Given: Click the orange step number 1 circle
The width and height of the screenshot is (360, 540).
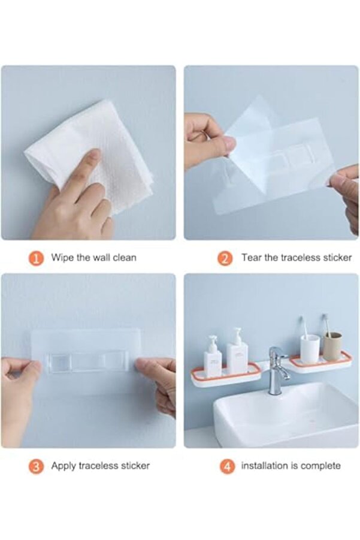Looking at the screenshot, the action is [36, 258].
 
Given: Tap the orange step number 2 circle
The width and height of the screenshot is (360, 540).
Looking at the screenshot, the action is [225, 258].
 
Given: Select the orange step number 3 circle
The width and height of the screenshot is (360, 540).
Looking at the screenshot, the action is [36, 467].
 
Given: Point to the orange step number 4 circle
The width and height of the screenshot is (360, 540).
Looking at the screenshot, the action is [227, 467].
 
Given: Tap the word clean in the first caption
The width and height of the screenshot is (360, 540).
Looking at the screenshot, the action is [124, 258].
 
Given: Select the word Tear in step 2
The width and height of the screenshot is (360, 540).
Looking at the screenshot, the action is [251, 258].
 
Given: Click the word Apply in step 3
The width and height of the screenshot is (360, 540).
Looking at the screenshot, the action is [64, 466].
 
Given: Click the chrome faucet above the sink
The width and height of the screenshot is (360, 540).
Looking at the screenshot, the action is [277, 370].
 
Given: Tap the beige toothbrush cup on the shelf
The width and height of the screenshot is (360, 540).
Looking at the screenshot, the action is [332, 346].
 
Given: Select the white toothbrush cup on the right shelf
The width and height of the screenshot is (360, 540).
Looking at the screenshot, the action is [310, 348].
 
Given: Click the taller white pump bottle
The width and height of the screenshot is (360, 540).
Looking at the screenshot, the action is [237, 352].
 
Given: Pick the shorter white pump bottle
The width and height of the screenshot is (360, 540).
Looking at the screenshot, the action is [213, 357].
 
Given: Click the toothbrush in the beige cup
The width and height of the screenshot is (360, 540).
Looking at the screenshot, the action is [326, 324].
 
